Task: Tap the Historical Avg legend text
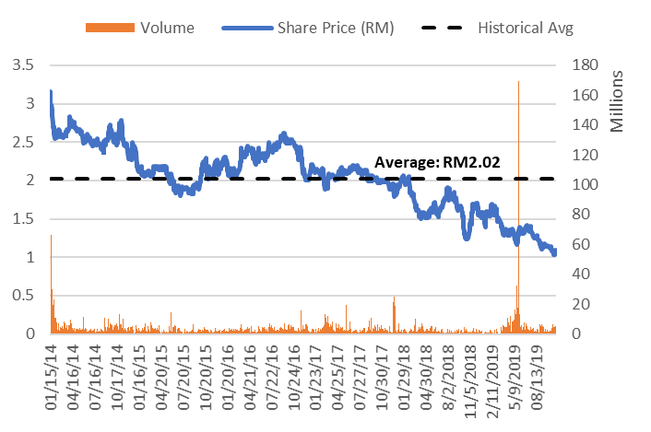[x=526, y=28]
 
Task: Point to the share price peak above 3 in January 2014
[x=51, y=91]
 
